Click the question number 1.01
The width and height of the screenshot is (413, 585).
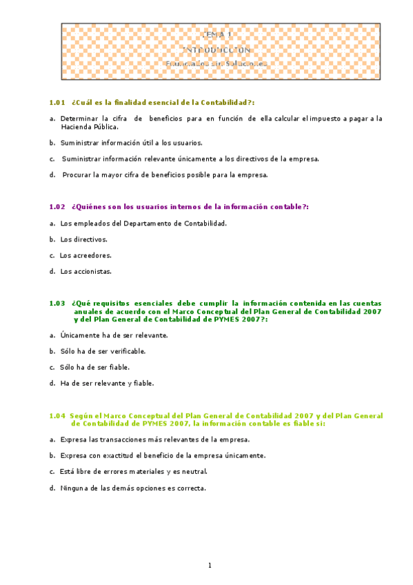57,103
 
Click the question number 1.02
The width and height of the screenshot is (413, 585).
57,206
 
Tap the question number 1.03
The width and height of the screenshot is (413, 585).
57,303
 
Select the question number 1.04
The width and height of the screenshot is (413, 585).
57,416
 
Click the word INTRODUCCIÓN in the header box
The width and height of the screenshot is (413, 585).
219,50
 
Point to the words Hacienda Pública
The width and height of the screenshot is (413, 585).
89,127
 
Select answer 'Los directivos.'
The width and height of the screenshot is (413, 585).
83,239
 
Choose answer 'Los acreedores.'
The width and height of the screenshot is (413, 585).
85,255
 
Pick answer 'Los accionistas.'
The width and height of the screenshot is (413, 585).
85,272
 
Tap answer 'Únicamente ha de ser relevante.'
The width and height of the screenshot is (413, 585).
114,335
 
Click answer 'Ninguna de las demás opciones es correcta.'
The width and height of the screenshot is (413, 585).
133,488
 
